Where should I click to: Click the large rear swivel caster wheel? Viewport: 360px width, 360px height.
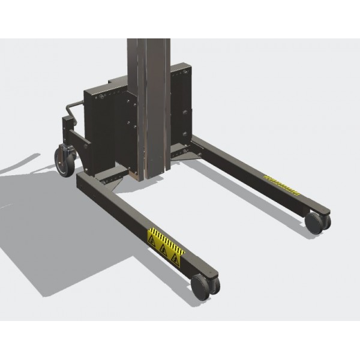pyautogui.click(x=64, y=161)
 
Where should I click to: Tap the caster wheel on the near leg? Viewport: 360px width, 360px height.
pyautogui.click(x=202, y=287)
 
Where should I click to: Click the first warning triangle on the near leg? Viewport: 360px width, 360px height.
pyautogui.click(x=152, y=241)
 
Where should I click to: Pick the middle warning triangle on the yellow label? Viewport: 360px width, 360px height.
pyautogui.click(x=163, y=250)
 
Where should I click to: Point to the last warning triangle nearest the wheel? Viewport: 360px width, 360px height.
pyautogui.click(x=175, y=259)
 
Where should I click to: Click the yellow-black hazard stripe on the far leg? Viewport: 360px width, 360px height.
pyautogui.click(x=282, y=184)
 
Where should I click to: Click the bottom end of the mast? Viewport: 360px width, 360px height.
pyautogui.click(x=150, y=176)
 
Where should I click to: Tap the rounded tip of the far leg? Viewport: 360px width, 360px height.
pyautogui.click(x=324, y=209)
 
